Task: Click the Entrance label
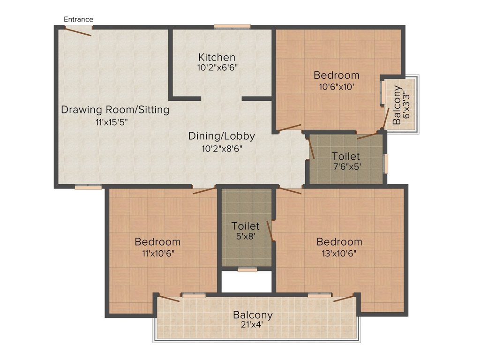[x=78, y=19]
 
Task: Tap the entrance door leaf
[x=78, y=31]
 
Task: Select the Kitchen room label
[x=217, y=57]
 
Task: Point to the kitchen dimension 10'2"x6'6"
[x=217, y=67]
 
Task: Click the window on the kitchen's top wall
[x=232, y=27]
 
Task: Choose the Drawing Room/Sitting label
[x=115, y=110]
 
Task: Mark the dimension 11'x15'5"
[x=112, y=122]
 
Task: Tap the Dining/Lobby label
[x=222, y=136]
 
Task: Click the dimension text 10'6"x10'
[x=337, y=87]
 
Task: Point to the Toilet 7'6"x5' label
[x=346, y=161]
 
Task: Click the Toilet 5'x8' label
[x=246, y=231]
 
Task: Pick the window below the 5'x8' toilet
[x=247, y=270]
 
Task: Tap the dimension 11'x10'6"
[x=158, y=254]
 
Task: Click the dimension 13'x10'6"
[x=339, y=254]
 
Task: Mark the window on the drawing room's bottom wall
[x=88, y=187]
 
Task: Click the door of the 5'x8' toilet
[x=270, y=231]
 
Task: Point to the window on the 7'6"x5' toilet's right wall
[x=386, y=164]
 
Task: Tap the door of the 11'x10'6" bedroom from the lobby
[x=204, y=190]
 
